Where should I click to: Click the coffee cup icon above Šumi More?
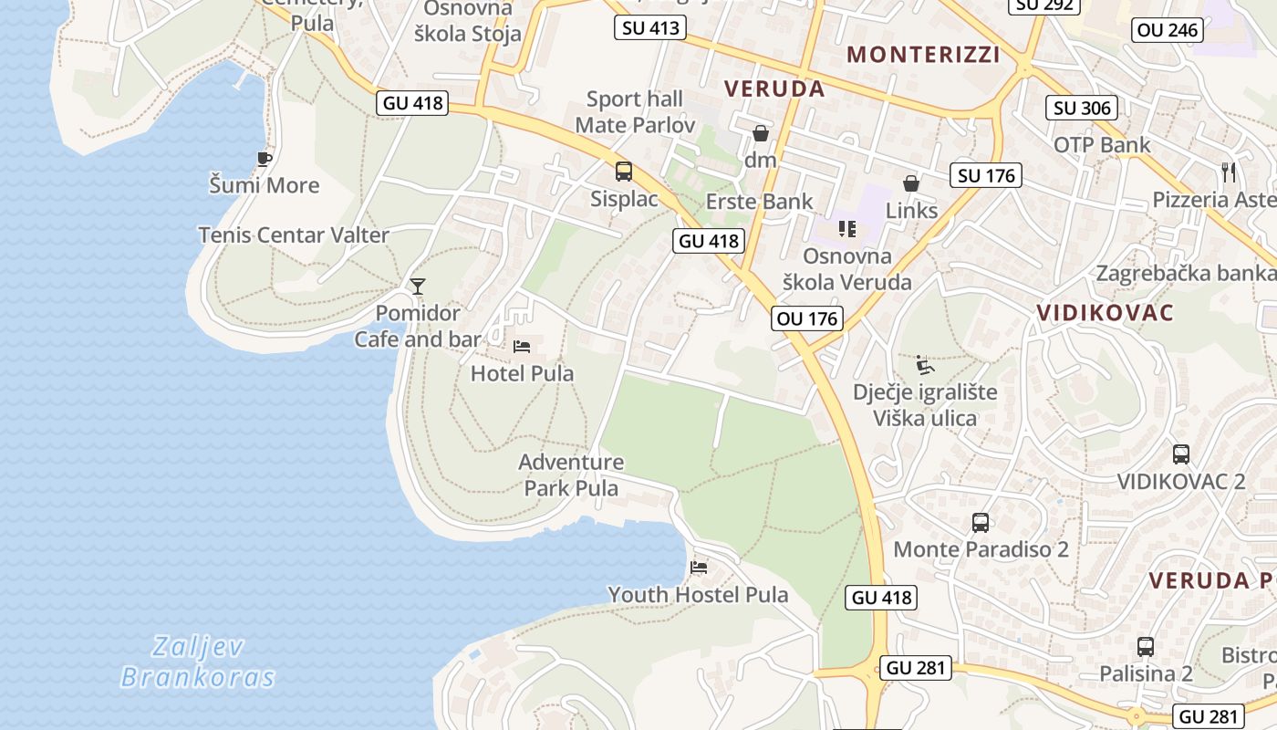(265, 159)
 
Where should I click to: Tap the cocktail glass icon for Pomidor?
(418, 287)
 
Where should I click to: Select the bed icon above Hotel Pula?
(522, 347)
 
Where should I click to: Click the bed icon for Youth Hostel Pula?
(699, 568)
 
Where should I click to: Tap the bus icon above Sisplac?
(624, 171)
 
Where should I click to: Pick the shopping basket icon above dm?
(760, 134)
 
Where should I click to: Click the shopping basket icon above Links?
(910, 183)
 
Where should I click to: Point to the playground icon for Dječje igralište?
(924, 365)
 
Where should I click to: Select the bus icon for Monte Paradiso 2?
(981, 523)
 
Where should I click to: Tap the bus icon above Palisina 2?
(1146, 647)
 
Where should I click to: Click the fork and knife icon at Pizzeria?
(1229, 172)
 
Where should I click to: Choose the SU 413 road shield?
(649, 27)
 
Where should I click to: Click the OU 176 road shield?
(806, 318)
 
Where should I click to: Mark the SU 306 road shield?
(1082, 108)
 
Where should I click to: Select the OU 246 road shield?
(1168, 30)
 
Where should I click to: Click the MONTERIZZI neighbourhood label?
(923, 55)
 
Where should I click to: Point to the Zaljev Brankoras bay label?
(198, 662)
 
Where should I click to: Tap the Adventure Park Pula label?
(571, 474)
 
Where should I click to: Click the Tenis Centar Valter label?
(294, 235)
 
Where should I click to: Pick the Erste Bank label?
(760, 202)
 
